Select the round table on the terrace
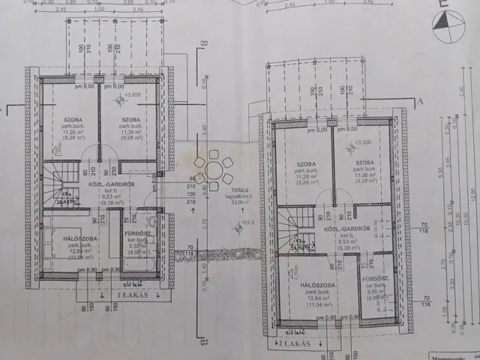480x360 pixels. (x=214, y=166)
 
